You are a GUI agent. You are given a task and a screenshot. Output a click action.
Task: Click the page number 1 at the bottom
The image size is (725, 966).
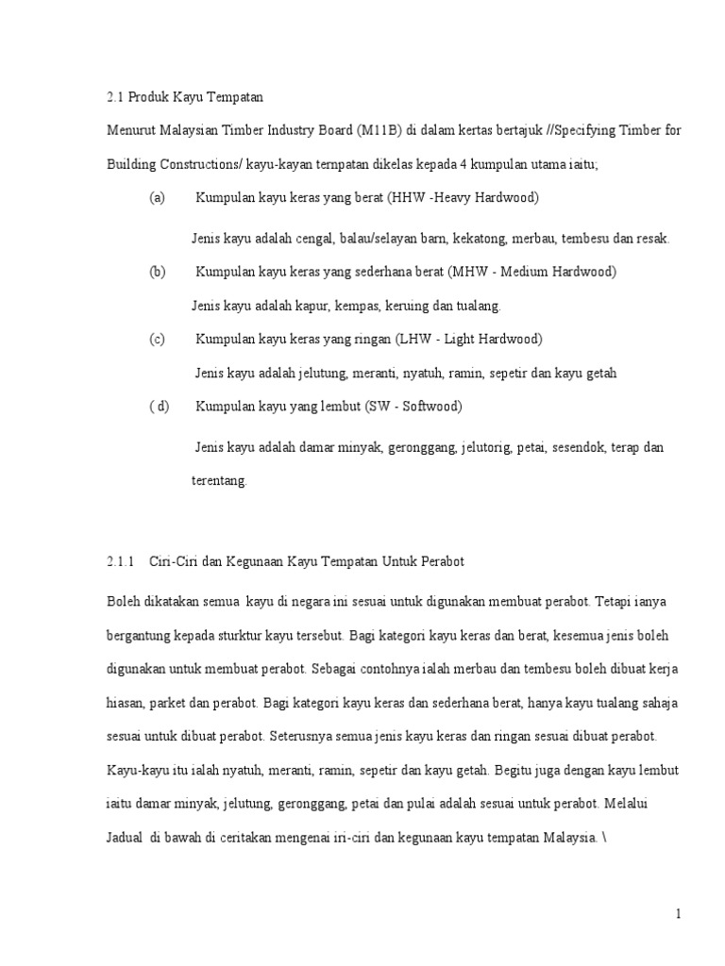tap(678, 913)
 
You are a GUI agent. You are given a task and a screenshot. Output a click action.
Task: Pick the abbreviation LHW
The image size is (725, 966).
tap(418, 339)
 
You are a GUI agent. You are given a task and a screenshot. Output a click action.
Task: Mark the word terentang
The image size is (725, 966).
tap(218, 480)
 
